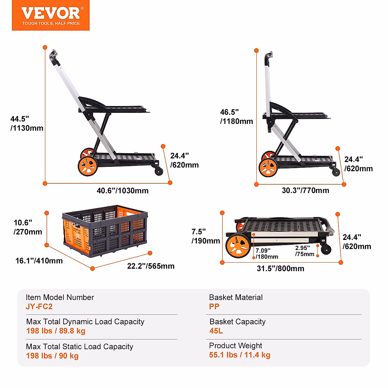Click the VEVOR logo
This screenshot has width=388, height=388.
click(50, 15)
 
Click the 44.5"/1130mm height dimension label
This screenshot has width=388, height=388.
click(27, 124)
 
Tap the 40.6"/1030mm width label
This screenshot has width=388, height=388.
click(123, 191)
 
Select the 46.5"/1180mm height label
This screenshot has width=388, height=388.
click(236, 117)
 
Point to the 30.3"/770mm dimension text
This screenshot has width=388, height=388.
click(305, 190)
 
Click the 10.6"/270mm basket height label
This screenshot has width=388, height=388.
click(28, 227)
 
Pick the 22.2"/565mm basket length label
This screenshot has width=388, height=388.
click(151, 266)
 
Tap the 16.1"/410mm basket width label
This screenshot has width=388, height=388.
click(39, 261)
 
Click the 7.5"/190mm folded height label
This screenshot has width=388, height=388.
click(206, 236)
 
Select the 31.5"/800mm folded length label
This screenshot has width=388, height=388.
click(280, 268)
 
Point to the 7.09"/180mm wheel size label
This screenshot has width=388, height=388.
click(267, 254)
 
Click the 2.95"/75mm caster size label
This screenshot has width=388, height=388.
click(305, 251)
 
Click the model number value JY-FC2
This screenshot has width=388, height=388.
click(39, 307)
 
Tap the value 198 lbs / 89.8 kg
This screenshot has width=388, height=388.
click(56, 331)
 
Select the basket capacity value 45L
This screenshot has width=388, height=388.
click(216, 331)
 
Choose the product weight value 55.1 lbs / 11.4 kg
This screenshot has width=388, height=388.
click(240, 355)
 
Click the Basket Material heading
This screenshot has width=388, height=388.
click(236, 297)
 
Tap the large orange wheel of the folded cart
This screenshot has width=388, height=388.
click(238, 246)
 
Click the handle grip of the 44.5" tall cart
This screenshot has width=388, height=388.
click(54, 57)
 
